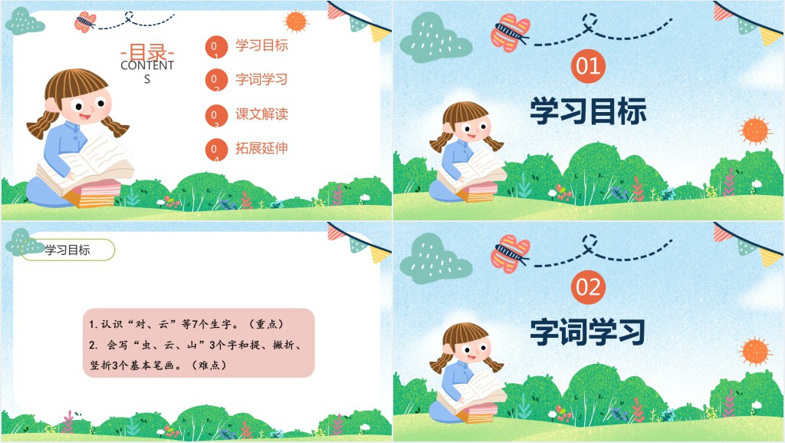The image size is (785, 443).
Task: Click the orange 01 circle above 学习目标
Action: [588, 66]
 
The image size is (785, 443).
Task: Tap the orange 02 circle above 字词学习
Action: [588, 287]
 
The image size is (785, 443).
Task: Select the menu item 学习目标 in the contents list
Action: [261, 45]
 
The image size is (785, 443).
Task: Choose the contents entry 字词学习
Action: [261, 80]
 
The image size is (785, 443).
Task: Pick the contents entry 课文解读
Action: [261, 114]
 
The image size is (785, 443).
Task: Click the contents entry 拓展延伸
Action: [261, 148]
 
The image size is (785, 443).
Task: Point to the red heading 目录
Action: [147, 51]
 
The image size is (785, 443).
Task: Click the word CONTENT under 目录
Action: [147, 66]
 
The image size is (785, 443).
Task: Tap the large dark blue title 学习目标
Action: [588, 111]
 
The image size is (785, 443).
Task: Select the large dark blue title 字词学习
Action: [588, 332]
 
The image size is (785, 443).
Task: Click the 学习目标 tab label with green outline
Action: [67, 250]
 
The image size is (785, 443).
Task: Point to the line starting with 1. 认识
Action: [186, 324]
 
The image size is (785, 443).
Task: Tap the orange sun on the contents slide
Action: [295, 21]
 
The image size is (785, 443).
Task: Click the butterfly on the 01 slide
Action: [510, 33]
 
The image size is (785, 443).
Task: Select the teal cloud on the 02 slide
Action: [435, 259]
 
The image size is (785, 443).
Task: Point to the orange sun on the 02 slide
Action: [755, 351]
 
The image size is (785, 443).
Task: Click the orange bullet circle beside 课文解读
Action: [216, 115]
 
